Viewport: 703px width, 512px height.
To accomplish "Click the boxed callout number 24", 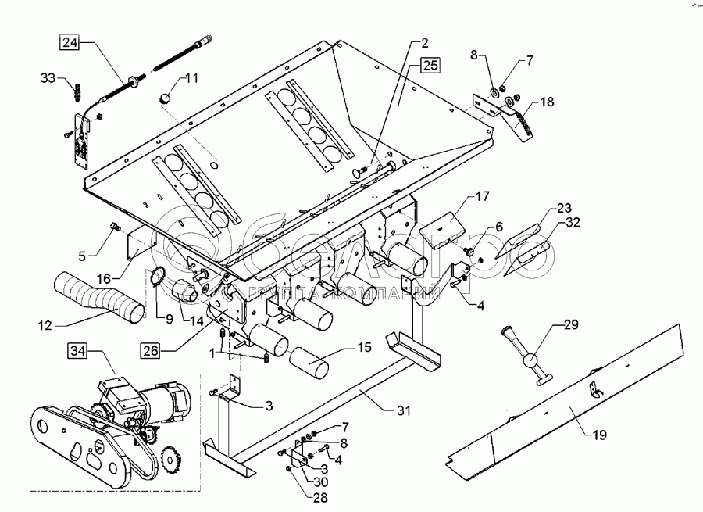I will tap(70, 44).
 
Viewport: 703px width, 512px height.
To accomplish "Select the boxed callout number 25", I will tap(431, 66).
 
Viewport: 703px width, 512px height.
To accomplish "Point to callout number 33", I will tap(48, 77).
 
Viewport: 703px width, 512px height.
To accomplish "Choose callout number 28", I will tap(300, 497).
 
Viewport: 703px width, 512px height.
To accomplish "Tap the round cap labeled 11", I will tap(167, 98).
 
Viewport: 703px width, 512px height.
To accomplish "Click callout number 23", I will tap(562, 208).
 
